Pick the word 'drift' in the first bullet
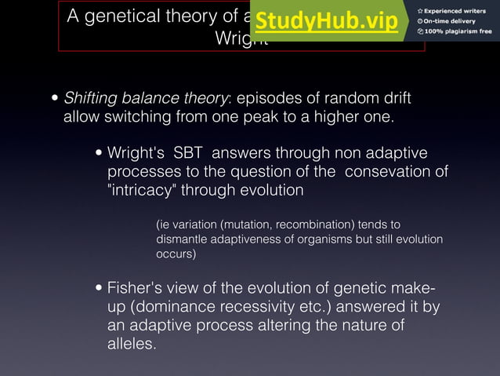[394, 100]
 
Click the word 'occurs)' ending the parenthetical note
[176, 254]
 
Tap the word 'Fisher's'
[137, 287]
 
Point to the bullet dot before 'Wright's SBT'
[100, 153]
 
